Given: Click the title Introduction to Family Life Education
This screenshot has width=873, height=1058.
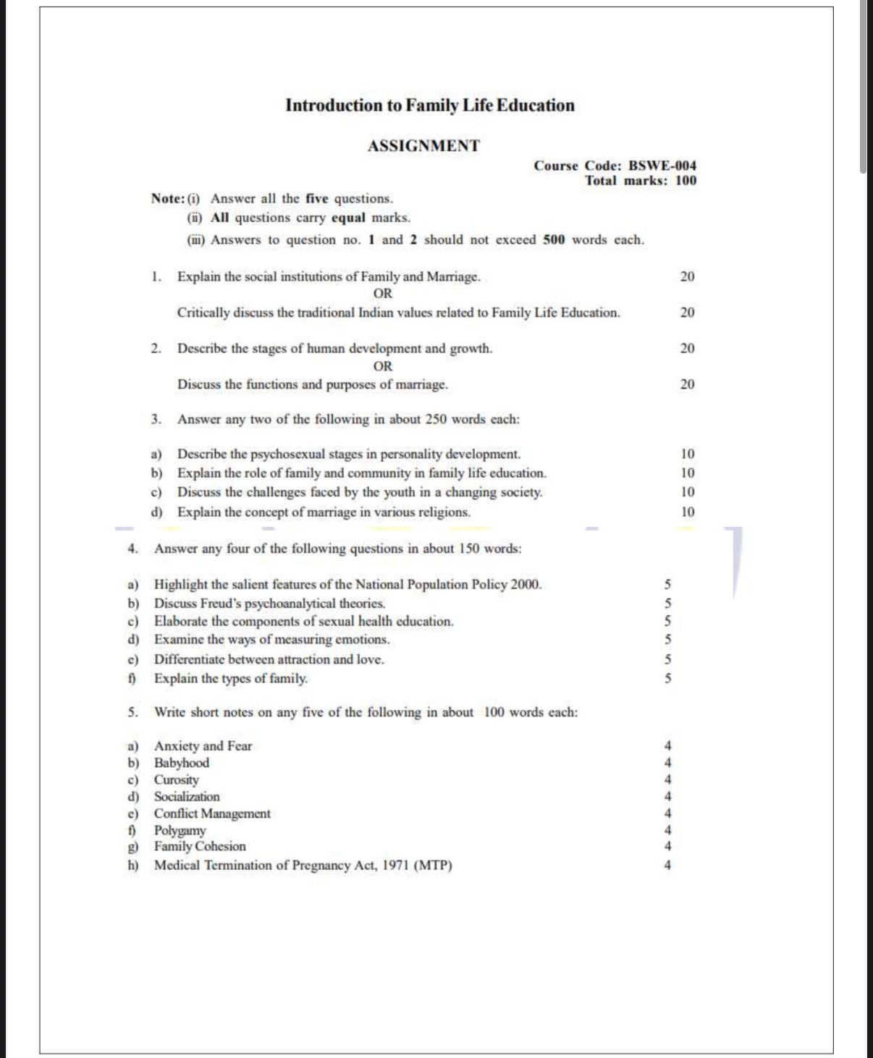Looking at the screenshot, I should click(429, 106).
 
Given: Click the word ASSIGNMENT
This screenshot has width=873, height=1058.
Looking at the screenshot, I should click(423, 146).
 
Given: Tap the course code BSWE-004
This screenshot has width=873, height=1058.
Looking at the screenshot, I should click(662, 166).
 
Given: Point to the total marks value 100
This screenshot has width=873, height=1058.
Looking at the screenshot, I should click(686, 181).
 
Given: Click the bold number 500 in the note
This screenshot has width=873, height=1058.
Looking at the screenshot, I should click(554, 240).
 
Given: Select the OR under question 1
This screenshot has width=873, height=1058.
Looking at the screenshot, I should click(383, 294).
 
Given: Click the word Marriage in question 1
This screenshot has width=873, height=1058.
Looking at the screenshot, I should click(452, 277).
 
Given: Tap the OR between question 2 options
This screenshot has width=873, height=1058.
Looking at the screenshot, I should click(383, 366).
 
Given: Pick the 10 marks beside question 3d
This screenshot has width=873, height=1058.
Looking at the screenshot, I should click(687, 512).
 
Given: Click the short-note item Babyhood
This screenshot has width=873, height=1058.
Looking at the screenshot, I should click(181, 763).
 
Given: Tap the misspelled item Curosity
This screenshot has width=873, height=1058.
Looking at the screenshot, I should click(176, 780).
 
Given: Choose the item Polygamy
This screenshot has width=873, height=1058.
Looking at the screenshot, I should click(180, 831).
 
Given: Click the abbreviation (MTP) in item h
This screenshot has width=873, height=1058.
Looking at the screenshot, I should click(433, 866).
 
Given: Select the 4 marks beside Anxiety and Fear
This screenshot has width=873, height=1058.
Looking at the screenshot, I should click(667, 745).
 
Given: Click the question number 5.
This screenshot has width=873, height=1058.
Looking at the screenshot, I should click(132, 712).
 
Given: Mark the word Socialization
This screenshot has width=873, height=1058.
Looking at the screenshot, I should click(187, 797).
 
